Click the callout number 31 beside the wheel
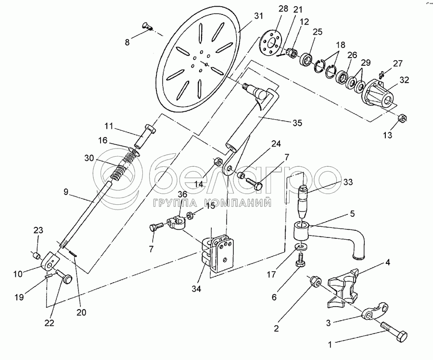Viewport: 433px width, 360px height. click(259, 16)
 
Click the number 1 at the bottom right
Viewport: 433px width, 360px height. click(330, 344)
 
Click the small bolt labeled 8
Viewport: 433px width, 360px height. click(147, 27)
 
